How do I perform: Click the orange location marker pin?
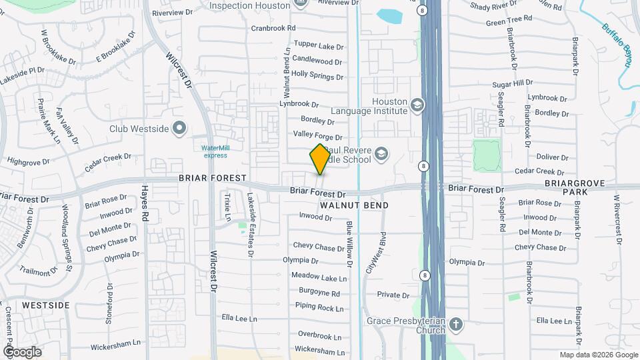point(320,159)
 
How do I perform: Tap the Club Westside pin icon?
point(179,128)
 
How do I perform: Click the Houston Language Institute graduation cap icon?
point(417,105)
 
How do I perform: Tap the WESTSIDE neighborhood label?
point(45,305)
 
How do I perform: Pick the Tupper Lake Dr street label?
point(318,47)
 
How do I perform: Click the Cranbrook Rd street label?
point(273,28)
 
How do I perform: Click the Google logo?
point(22,352)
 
